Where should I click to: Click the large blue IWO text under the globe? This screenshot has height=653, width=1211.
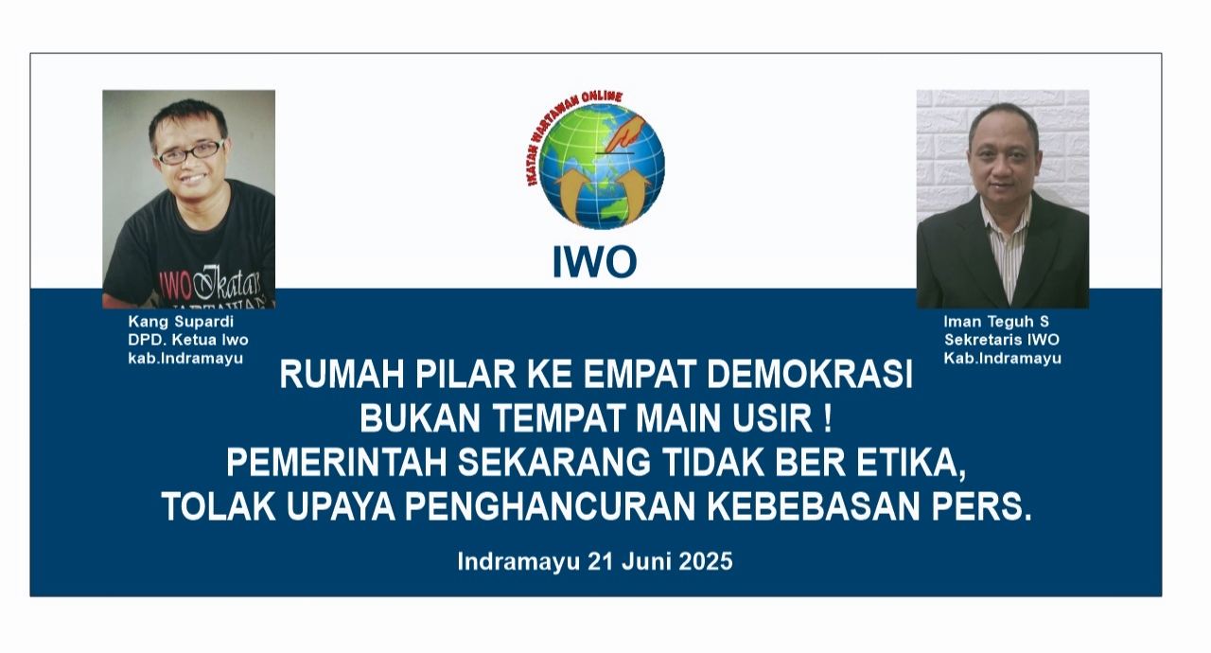(x=595, y=262)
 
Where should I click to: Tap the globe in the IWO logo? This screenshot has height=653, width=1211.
(x=602, y=167)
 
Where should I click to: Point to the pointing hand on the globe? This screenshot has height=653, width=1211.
(x=626, y=133)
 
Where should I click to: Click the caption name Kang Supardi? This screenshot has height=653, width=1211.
(x=181, y=322)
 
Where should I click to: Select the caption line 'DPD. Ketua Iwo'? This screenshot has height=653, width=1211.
(x=188, y=340)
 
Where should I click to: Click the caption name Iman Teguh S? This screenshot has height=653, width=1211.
(x=996, y=322)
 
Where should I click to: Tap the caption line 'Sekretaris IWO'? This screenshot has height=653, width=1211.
(x=1002, y=340)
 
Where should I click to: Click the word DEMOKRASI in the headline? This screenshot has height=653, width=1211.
(x=809, y=375)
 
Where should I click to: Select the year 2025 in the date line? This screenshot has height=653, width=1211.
(x=706, y=561)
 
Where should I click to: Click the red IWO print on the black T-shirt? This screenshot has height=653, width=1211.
(x=176, y=286)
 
